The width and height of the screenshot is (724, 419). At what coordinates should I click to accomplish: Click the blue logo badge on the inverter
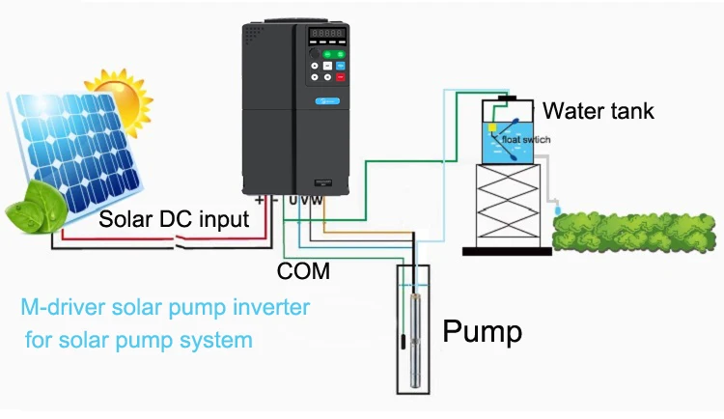point(327,100)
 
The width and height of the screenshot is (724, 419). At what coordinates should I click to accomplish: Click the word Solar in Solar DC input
point(126,221)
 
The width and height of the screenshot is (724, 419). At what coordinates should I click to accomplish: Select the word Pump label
point(482,332)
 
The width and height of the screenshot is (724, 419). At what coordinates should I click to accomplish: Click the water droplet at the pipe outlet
point(556,207)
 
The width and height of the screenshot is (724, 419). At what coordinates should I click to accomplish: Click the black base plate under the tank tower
point(507,251)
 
